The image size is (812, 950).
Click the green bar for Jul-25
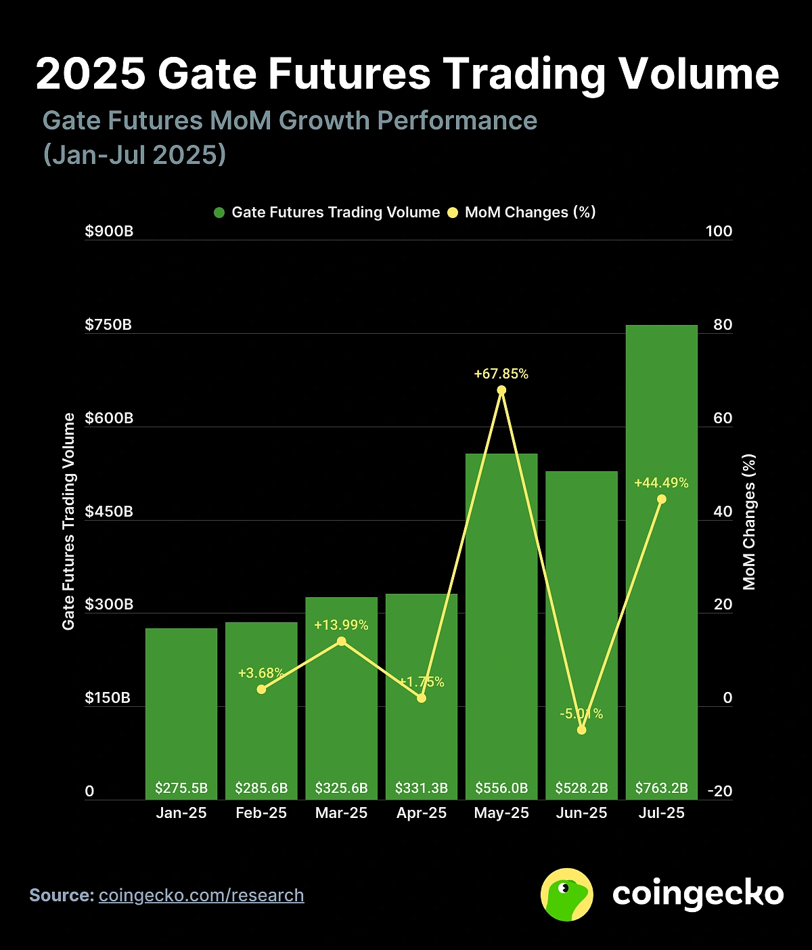pyautogui.click(x=661, y=555)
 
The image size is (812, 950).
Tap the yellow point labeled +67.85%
pyautogui.click(x=501, y=390)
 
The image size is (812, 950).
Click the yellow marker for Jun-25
pyautogui.click(x=581, y=730)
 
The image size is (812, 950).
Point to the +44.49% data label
pyautogui.click(x=661, y=483)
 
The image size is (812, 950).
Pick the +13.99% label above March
pyautogui.click(x=341, y=625)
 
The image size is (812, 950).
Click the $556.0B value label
pyautogui.click(x=501, y=788)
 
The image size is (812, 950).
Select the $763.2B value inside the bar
pyautogui.click(x=661, y=788)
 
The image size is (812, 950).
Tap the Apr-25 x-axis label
pyautogui.click(x=422, y=813)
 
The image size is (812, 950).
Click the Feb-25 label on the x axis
pyautogui.click(x=261, y=813)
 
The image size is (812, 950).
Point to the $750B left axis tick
pyautogui.click(x=108, y=325)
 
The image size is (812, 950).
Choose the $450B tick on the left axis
pyautogui.click(x=108, y=512)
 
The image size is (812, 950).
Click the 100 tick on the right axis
pyautogui.click(x=719, y=232)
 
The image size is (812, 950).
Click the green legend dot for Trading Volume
pyautogui.click(x=219, y=213)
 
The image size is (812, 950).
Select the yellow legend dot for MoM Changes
pyautogui.click(x=453, y=213)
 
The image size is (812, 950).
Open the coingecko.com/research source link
pyautogui.click(x=201, y=895)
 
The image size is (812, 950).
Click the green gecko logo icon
pyautogui.click(x=567, y=894)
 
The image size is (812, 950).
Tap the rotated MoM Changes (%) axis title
pyautogui.click(x=749, y=521)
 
